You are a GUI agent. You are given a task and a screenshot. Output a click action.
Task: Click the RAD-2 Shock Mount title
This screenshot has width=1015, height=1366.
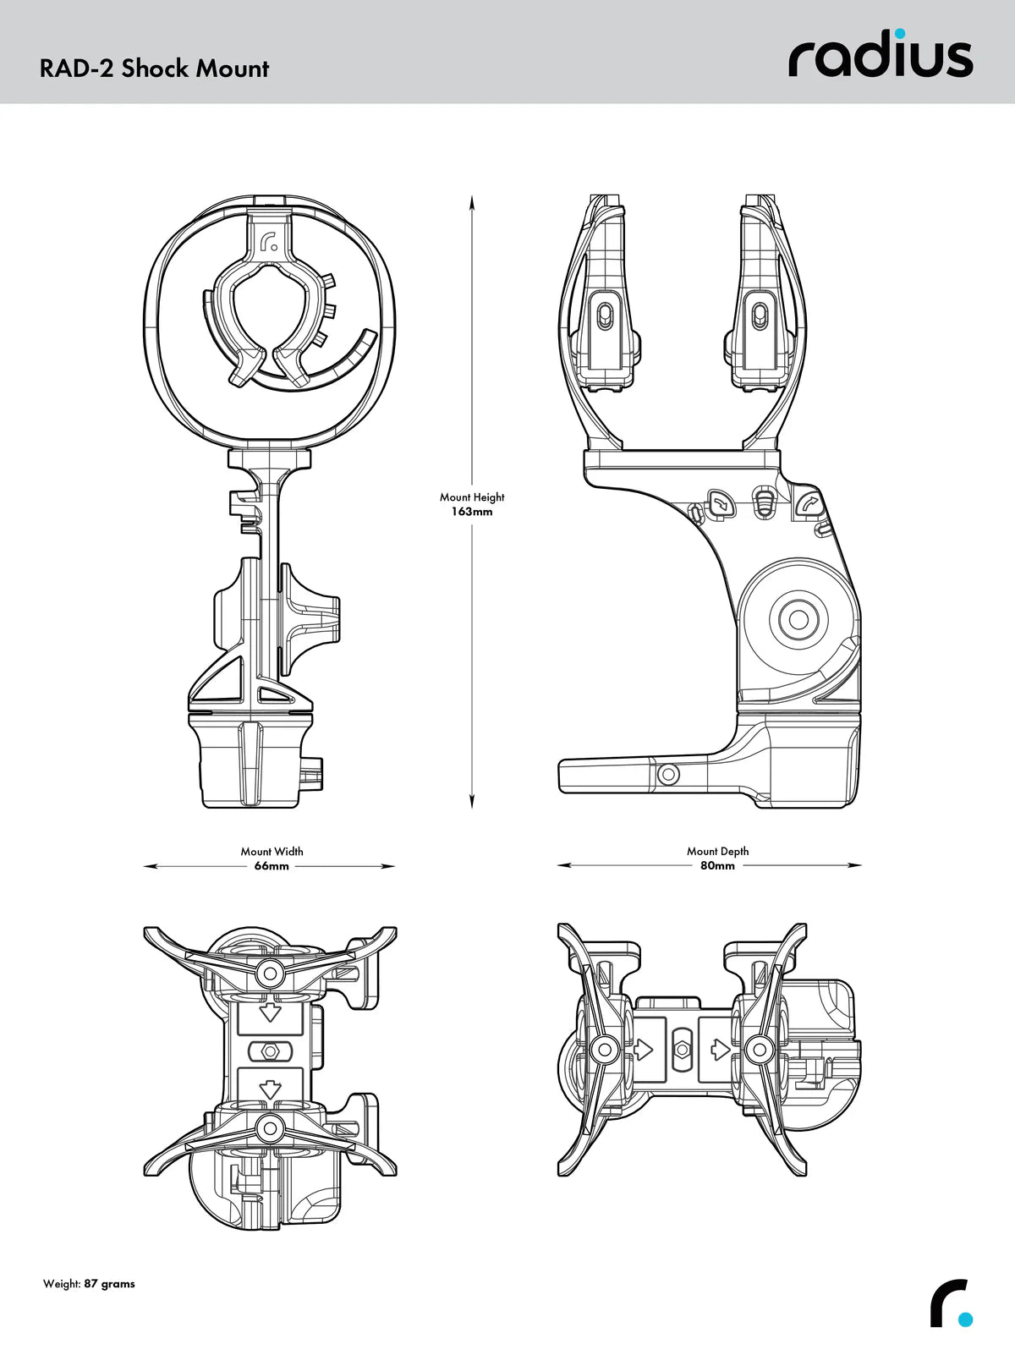[x=154, y=69]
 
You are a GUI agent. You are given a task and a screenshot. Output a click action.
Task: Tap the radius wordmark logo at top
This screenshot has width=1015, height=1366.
[x=881, y=57]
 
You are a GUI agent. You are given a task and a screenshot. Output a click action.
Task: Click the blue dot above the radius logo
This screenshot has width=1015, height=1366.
[x=900, y=34]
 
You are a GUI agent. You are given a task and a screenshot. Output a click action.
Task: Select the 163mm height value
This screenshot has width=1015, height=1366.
[x=471, y=512]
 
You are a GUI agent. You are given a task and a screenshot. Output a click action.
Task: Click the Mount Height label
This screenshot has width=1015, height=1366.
[x=471, y=497]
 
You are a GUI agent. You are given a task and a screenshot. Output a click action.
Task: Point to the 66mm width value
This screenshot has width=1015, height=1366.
[x=272, y=866]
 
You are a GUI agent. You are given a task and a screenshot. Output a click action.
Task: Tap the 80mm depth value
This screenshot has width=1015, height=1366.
[x=717, y=866]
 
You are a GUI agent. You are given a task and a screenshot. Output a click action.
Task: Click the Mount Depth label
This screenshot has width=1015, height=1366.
[x=717, y=851]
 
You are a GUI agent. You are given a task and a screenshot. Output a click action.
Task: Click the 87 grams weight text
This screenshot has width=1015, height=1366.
[x=109, y=1284]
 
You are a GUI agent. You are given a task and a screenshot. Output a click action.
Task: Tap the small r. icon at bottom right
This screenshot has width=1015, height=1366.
[x=952, y=1303]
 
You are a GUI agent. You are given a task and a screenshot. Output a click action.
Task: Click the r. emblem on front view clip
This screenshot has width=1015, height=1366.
[x=271, y=243]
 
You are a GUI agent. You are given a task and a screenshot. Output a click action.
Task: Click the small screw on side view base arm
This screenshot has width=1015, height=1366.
[x=668, y=774]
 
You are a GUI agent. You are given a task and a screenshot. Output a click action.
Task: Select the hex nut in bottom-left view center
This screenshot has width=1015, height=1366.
[x=270, y=1050]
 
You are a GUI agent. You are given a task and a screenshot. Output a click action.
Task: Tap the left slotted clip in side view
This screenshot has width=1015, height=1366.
[x=605, y=316]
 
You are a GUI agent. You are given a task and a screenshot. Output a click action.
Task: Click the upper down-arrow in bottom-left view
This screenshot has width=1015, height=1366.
[x=270, y=1012]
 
